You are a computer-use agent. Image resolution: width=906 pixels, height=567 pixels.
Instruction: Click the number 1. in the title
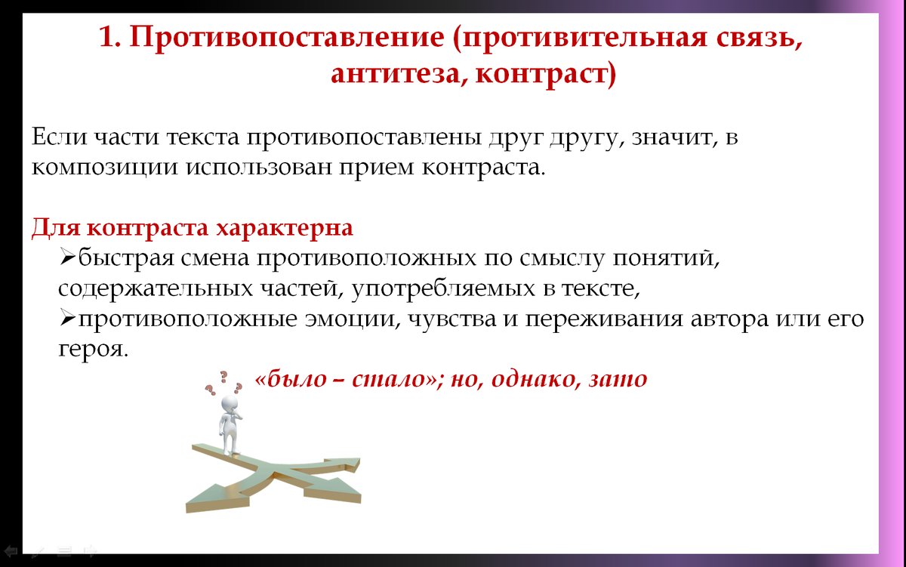pos(111,38)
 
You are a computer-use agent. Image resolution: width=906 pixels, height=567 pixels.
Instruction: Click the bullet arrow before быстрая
pos(66,258)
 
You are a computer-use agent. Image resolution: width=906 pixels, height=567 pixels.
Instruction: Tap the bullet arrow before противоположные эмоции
pos(66,319)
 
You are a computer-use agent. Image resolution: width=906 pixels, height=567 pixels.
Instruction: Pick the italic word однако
pos(533,379)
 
